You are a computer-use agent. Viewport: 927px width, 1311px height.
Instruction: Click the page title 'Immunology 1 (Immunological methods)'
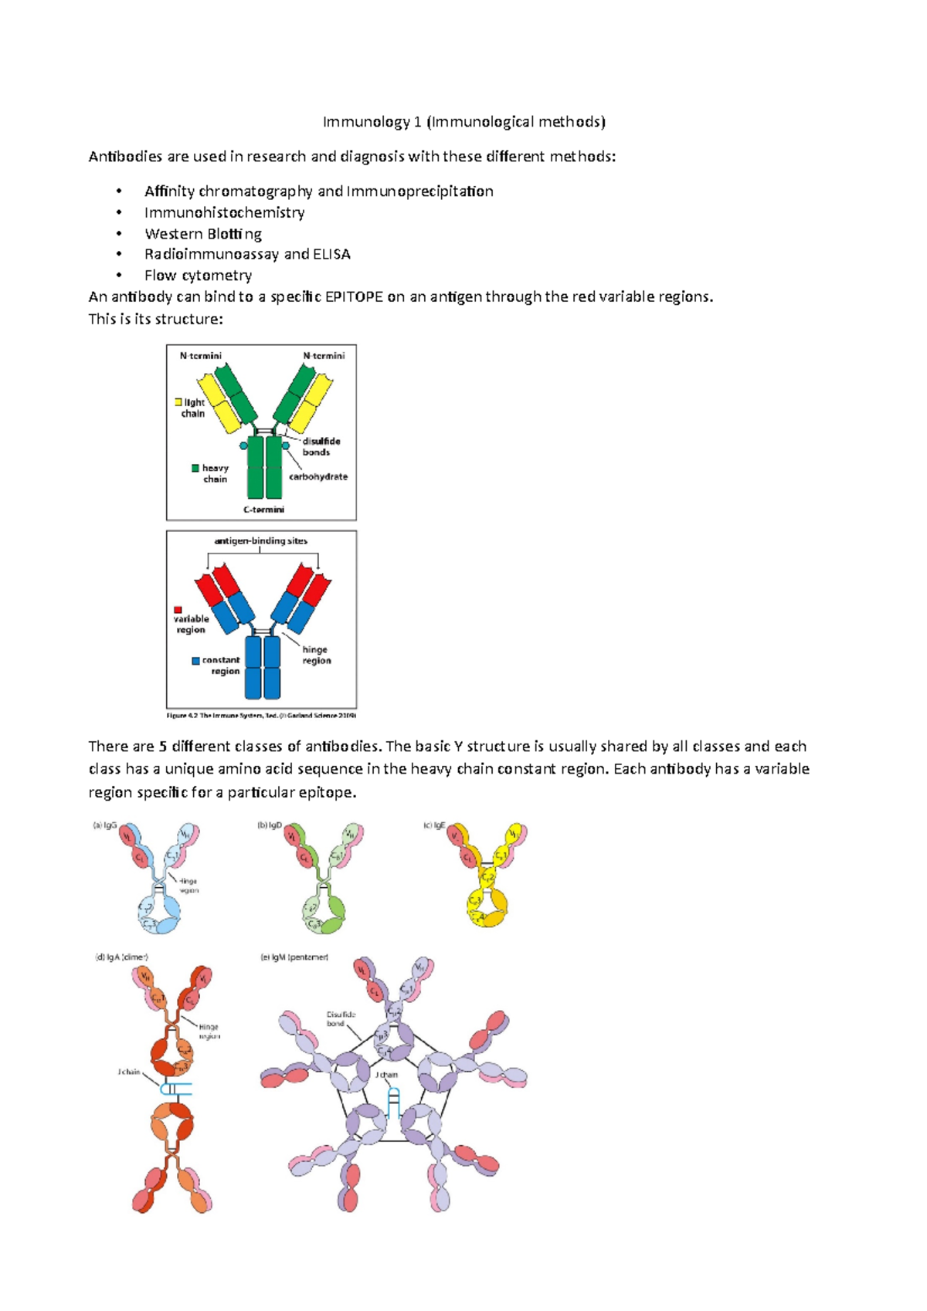coord(463,122)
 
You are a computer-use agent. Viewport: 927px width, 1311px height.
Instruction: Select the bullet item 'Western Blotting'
coord(202,234)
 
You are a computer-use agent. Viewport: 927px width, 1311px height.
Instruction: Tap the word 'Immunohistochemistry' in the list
coord(224,212)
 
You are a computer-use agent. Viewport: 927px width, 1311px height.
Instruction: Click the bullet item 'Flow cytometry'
coord(198,276)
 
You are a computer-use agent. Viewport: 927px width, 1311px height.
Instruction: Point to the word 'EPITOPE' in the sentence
coord(354,297)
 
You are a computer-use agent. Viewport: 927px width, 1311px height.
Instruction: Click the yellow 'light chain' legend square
coord(178,402)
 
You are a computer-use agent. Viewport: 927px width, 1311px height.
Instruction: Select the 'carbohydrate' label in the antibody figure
coord(318,477)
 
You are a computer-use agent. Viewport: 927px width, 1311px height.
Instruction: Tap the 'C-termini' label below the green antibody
coord(263,510)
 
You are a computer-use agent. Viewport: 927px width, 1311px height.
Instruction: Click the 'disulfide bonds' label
coord(321,446)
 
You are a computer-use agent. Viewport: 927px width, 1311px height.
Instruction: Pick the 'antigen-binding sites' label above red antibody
coord(260,541)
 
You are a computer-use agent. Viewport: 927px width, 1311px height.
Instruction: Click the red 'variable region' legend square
coord(178,610)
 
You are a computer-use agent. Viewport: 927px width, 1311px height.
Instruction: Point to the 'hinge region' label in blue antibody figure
coord(316,655)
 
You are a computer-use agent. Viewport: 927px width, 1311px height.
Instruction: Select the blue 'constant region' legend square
coord(195,661)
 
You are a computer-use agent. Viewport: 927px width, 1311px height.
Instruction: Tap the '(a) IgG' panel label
coord(104,825)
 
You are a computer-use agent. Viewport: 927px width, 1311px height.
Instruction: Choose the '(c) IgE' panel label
coord(434,825)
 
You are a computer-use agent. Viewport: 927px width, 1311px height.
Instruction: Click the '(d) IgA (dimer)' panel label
coord(121,957)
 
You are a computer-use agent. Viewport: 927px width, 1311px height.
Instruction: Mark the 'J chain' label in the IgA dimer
coord(129,1072)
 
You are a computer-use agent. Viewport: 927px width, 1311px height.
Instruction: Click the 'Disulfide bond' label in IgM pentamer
coord(340,1019)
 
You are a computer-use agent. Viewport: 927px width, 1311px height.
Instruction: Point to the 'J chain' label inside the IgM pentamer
coord(386,1075)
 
